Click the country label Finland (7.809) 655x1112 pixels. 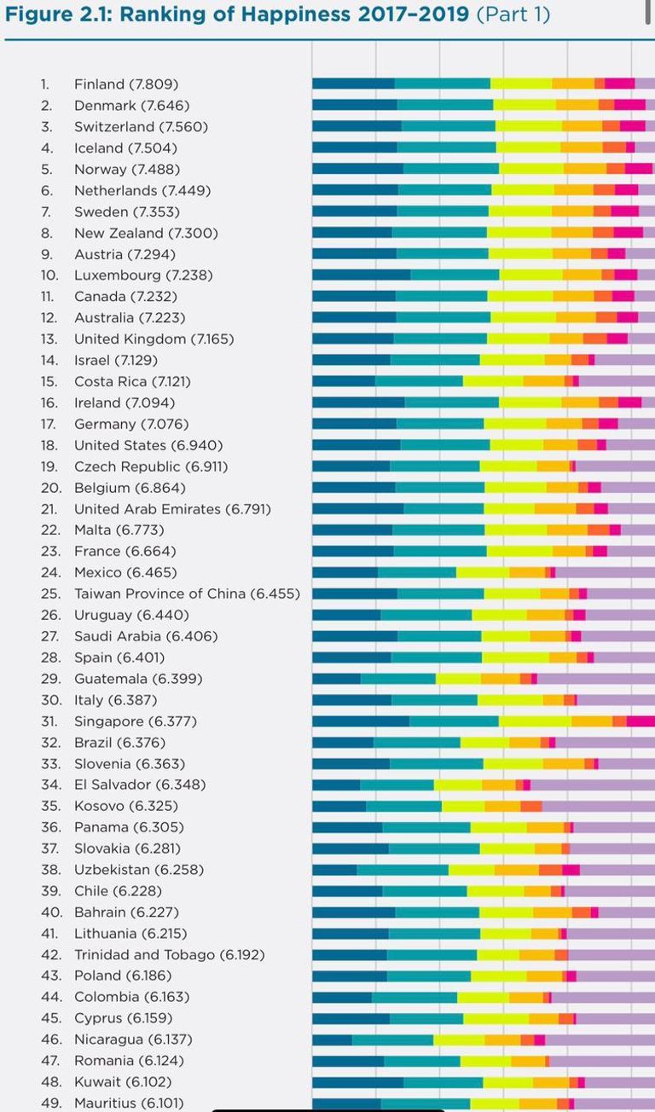pos(126,84)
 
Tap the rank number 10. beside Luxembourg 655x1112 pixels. pos(49,275)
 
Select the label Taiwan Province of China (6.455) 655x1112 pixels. pos(187,594)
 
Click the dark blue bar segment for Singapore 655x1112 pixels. pos(360,721)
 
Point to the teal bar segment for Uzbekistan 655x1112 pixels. pos(403,870)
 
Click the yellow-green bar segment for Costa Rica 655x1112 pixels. pos(493,381)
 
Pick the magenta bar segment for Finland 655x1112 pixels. pos(619,84)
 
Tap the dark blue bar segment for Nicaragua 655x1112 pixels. pos(332,1040)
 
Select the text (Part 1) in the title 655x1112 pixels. pos(513,15)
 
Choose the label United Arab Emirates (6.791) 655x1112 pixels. pos(172,509)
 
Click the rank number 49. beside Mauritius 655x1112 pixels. pos(49,1103)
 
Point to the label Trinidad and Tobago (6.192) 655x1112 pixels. pos(169,954)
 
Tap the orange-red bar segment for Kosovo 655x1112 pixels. pos(530,806)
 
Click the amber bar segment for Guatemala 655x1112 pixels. pos(500,679)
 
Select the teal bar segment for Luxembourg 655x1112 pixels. pos(455,275)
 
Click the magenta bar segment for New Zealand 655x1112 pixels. pos(628,233)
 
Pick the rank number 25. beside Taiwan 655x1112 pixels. pos(49,594)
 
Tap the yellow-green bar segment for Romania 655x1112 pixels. pos(485,1061)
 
